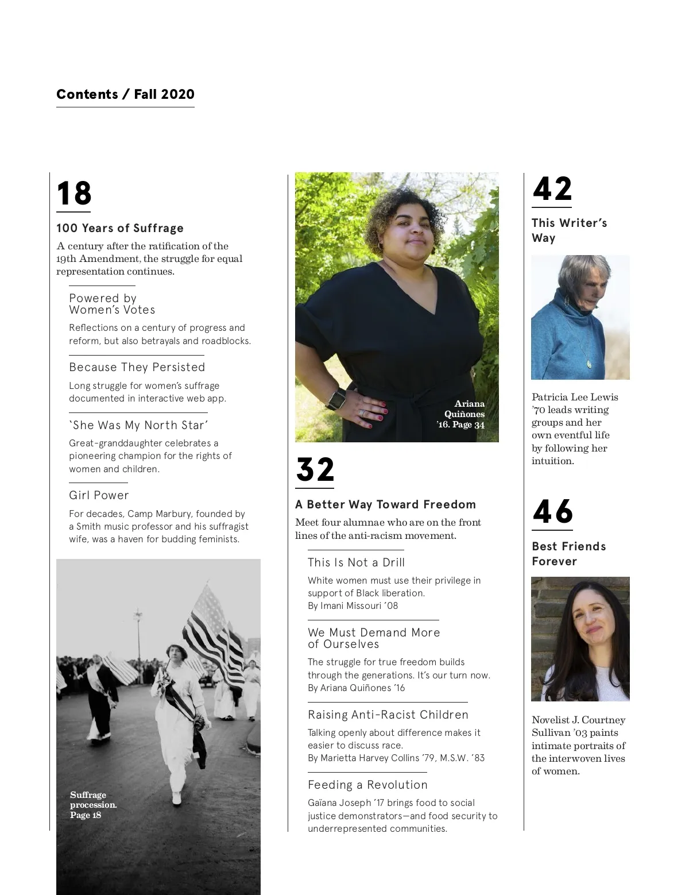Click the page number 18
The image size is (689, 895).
coord(74,194)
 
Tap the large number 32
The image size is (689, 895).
coord(315,470)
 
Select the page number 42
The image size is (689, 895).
coord(552,189)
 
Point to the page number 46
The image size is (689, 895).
coord(553,512)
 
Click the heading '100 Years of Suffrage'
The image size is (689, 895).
coord(120,228)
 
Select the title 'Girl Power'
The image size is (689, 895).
coord(99,495)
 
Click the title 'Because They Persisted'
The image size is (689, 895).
coord(137,367)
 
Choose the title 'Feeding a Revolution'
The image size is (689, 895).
coord(367,785)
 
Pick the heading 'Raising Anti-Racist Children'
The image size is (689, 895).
coord(388,715)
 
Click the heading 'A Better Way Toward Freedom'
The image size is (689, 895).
coord(385,504)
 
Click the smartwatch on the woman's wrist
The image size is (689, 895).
coord(338,398)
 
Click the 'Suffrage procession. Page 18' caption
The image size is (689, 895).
coord(93,805)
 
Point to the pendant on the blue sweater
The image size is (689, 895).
coord(589,364)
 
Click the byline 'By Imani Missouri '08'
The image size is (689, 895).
coord(353,605)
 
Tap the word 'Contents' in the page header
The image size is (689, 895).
coord(87,94)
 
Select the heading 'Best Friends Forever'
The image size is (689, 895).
coord(568,554)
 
